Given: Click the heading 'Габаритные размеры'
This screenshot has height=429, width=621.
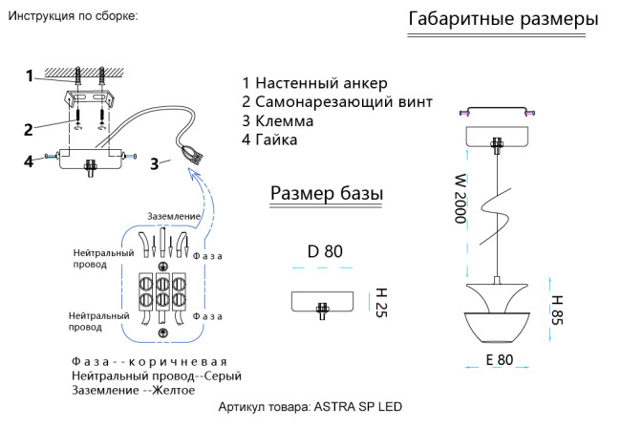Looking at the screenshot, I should [x=503, y=19].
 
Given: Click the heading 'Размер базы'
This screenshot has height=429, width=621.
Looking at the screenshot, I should [x=327, y=194].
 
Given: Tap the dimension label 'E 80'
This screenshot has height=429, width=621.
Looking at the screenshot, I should [x=499, y=360].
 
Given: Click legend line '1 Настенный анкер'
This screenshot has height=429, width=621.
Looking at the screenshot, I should [x=314, y=83].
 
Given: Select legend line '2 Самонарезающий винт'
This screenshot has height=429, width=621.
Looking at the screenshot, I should [x=337, y=102].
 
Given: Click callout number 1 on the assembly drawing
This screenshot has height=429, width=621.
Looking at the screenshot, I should [x=30, y=75].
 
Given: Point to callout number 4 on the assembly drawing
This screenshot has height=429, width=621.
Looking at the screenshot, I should [x=30, y=161].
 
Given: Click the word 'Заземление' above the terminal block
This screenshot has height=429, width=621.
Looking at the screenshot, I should [x=174, y=216].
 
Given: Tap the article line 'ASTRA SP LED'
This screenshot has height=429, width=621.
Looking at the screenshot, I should [x=310, y=406].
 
